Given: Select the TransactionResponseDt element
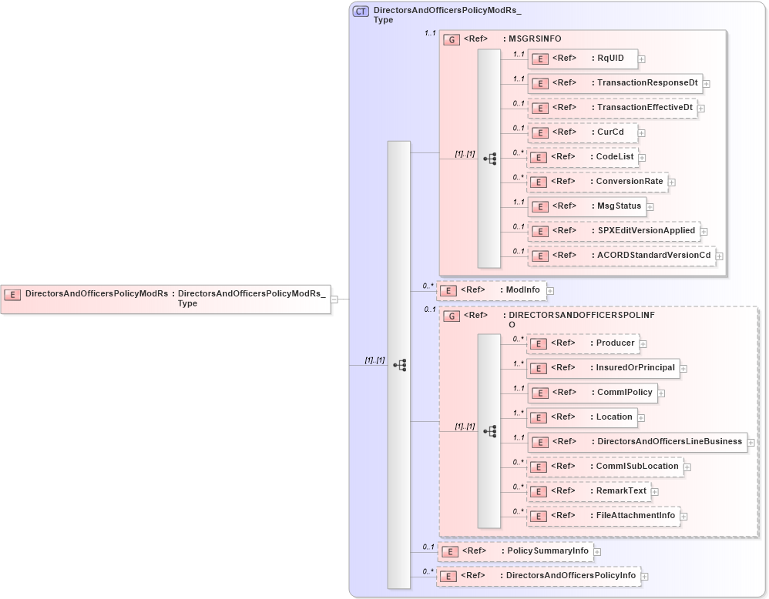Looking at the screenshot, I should point(614,83).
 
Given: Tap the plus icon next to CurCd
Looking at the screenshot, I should point(642,132).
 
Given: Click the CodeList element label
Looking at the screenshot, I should point(615,157).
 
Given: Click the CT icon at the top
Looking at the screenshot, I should point(361,12).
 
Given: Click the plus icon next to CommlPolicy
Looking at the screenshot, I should point(661,393).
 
